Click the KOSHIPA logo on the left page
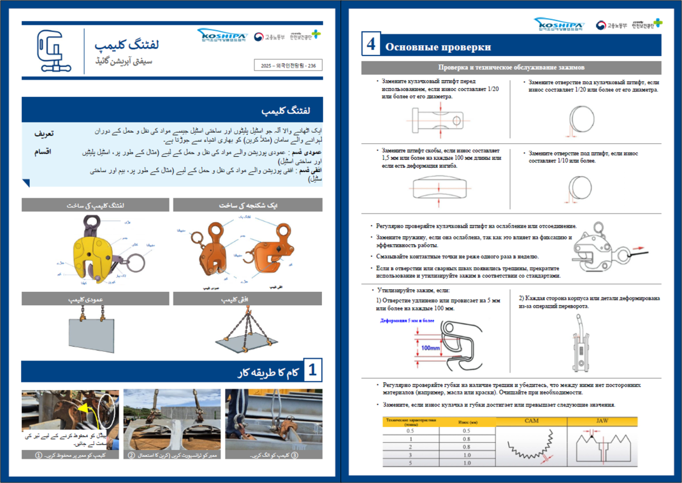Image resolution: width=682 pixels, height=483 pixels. [221, 36]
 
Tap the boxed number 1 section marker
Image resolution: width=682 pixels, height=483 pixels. [312, 371]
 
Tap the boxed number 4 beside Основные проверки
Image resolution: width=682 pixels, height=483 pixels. [372, 45]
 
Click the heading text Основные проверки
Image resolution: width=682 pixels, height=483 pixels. [438, 47]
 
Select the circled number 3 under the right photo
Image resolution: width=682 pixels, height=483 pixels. [294, 456]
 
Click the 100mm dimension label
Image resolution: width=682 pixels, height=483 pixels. [431, 348]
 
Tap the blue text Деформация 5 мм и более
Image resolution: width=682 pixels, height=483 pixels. [407, 321]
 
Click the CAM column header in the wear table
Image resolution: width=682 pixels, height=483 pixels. [531, 421]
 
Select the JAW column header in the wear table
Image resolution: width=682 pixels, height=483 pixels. [602, 421]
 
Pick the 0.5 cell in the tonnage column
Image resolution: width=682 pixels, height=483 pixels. [410, 430]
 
